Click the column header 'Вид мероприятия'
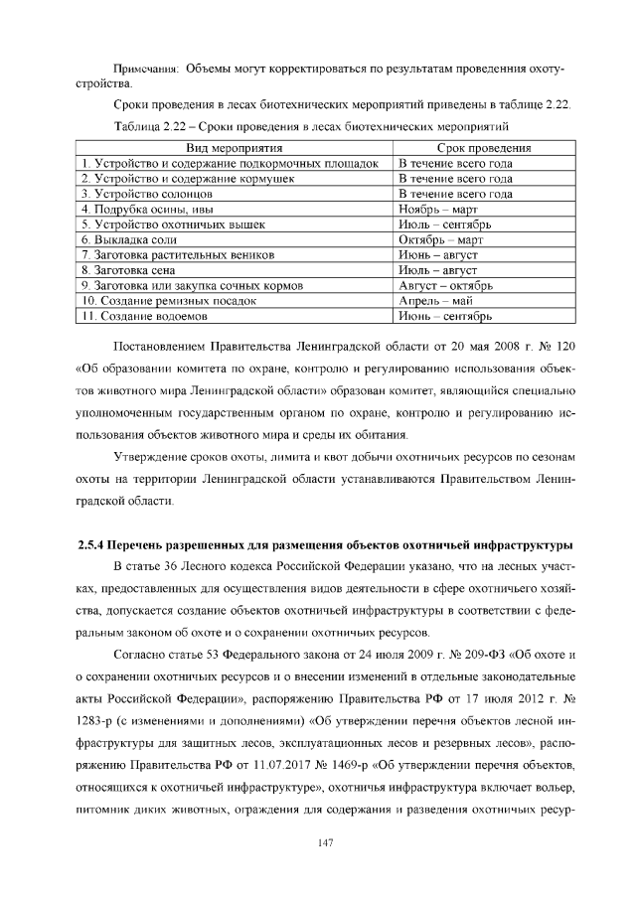[235, 147]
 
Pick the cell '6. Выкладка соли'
[129, 239]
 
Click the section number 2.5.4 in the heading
[95, 544]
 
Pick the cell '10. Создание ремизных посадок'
[170, 301]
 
